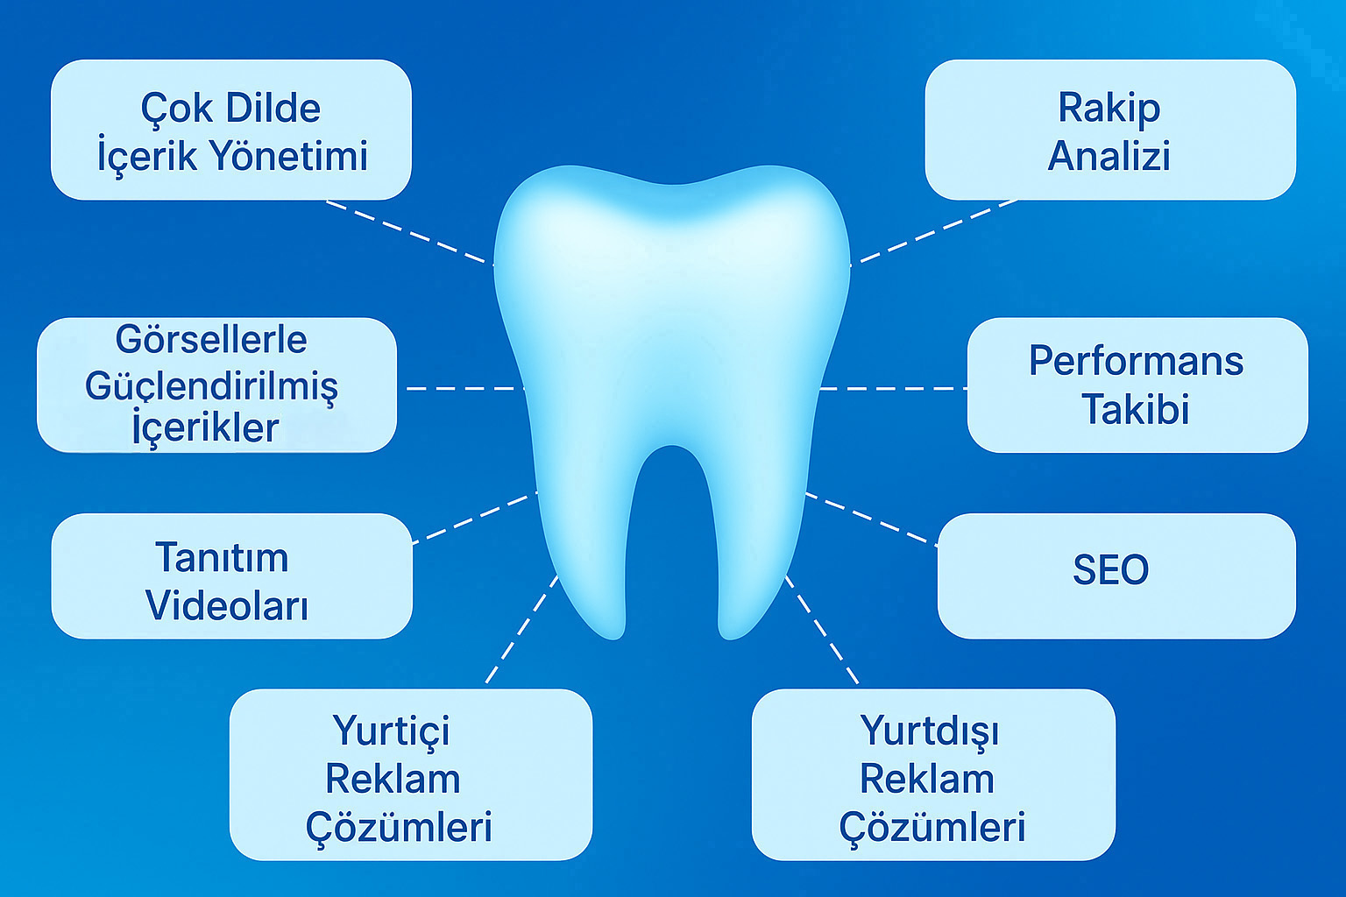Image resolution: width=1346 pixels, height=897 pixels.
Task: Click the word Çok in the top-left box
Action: (176, 109)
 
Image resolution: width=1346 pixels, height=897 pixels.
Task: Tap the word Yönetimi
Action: (290, 156)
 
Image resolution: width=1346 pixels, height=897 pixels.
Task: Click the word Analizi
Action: (1109, 156)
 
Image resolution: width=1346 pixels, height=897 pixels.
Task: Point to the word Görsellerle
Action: (211, 340)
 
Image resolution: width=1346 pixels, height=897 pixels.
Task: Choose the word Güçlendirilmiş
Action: (211, 386)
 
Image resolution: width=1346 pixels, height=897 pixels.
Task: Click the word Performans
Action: (1137, 361)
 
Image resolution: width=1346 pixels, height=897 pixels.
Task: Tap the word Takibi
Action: (1136, 409)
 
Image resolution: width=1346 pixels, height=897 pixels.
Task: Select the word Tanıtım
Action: (222, 557)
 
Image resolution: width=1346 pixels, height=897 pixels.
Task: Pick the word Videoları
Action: (227, 604)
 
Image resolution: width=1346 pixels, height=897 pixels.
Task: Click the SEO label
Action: (1110, 569)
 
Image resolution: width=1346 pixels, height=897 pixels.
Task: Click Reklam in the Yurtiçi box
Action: (393, 779)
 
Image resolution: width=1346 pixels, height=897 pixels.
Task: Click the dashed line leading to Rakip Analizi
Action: (934, 232)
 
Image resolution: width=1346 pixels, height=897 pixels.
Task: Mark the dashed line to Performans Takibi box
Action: (894, 389)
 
